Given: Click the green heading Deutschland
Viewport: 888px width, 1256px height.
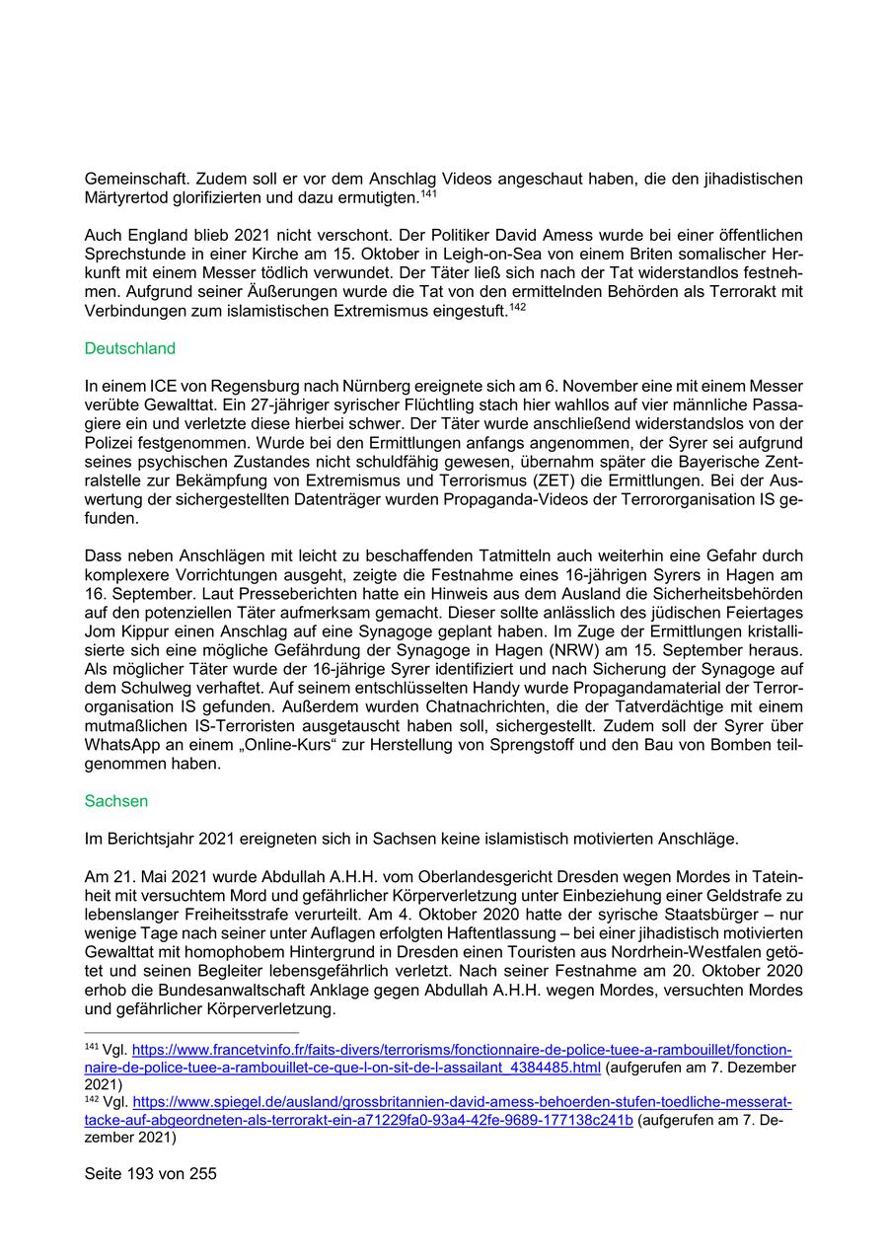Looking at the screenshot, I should click(130, 348).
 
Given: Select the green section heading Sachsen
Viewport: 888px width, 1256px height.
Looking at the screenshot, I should click(115, 802).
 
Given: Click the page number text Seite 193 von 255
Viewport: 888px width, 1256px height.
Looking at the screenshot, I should click(150, 1174).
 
